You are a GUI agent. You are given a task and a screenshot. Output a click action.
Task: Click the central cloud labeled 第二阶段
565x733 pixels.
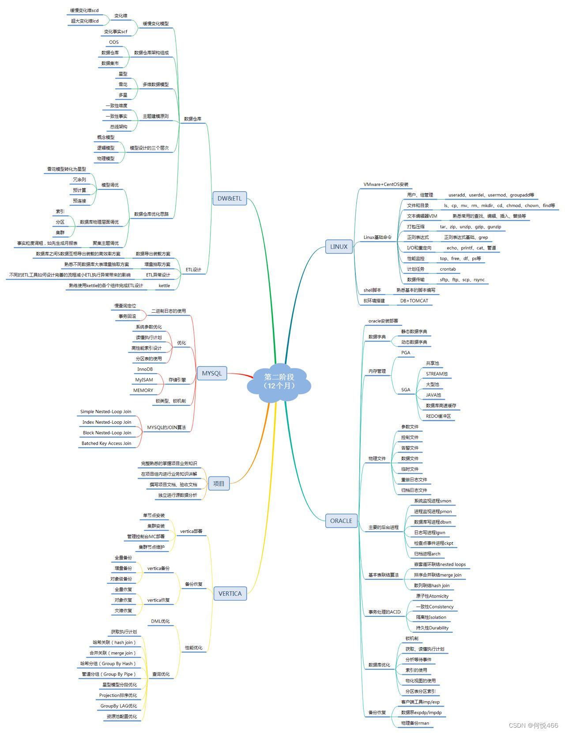[279, 381]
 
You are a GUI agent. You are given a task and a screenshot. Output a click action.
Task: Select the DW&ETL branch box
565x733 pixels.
[230, 198]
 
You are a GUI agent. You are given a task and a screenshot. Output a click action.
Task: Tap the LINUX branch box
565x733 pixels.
[339, 246]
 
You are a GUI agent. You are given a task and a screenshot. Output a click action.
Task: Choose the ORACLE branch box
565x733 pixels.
[341, 521]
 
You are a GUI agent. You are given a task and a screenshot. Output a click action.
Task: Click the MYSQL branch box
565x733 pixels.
[212, 373]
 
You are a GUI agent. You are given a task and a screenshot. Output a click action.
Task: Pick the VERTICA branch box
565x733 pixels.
[230, 593]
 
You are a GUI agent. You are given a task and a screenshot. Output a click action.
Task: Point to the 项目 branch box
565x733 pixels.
[218, 484]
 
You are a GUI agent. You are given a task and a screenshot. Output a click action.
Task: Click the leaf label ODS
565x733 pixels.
[114, 42]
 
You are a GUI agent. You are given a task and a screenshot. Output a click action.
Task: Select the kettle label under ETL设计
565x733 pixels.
[164, 286]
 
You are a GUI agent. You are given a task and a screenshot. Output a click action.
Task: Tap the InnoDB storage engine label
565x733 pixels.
[145, 369]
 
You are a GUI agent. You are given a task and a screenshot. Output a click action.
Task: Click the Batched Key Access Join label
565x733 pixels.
[106, 443]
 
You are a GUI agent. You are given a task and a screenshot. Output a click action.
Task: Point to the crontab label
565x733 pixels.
[448, 269]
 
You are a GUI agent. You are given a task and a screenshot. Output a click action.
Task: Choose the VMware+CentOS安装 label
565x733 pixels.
[386, 185]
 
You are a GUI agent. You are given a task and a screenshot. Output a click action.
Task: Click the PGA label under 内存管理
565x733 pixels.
[406, 353]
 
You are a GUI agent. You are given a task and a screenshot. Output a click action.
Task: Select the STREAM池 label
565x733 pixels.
[437, 374]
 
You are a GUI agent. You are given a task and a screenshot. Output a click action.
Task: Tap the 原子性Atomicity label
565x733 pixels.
[432, 596]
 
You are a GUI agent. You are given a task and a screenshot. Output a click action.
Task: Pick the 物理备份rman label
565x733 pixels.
[415, 723]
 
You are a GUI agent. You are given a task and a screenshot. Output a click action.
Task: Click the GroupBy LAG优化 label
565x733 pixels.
[118, 706]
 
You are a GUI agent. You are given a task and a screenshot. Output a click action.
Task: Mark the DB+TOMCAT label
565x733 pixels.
[414, 301]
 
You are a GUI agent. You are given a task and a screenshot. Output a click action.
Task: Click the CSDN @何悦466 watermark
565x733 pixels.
[533, 725]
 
